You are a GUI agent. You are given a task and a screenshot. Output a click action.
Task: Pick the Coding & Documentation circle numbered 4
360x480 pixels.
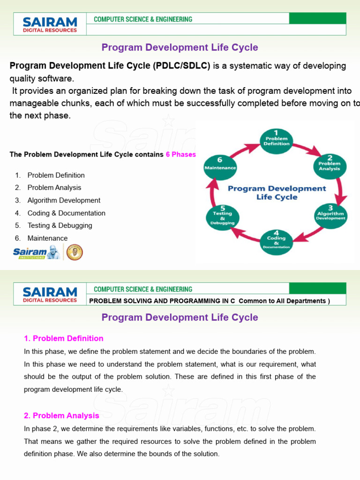[276, 242]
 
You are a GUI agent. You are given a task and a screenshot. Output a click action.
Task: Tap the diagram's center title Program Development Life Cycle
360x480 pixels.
[277, 193]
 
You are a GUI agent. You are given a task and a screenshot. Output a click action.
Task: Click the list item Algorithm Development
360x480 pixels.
[64, 200]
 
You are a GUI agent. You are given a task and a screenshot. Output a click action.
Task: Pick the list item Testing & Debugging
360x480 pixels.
[60, 225]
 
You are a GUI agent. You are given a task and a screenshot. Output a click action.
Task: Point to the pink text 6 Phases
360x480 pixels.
[181, 154]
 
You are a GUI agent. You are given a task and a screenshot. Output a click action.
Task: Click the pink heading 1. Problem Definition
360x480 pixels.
[64, 338]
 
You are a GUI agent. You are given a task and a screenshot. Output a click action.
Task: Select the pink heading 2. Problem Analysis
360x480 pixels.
[61, 415]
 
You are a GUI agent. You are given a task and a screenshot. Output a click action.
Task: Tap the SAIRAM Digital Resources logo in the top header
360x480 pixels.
[50, 23]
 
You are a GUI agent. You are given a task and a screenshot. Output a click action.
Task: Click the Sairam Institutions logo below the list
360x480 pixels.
[37, 253]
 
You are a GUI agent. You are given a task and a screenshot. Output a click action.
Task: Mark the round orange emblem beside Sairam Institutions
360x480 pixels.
[75, 252]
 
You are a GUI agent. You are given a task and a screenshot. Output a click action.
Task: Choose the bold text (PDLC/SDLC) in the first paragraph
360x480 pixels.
[181, 66]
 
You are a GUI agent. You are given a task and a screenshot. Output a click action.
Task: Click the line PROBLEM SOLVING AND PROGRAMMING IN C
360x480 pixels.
[162, 301]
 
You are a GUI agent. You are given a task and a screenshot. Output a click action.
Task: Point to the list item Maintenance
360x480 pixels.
[47, 238]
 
